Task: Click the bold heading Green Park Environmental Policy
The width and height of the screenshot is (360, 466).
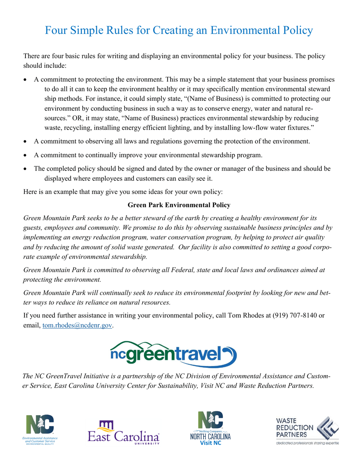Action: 179,205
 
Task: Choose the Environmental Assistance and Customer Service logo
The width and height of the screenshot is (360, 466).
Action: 40,430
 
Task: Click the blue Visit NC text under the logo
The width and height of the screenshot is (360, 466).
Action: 210,443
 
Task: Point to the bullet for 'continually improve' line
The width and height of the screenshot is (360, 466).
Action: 25,155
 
